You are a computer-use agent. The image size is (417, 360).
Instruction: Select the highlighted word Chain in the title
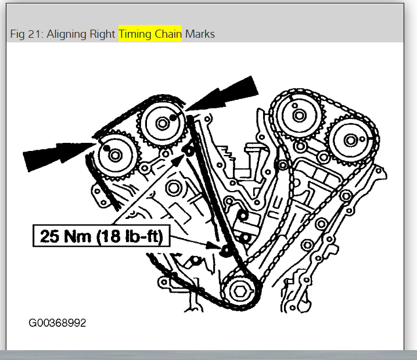(168, 34)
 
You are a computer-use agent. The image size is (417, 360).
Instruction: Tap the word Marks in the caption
(200, 34)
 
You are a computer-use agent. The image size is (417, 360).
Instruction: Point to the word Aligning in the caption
(66, 34)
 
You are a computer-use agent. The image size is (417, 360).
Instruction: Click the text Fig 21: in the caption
(27, 34)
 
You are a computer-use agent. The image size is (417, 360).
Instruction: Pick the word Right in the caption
(102, 34)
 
